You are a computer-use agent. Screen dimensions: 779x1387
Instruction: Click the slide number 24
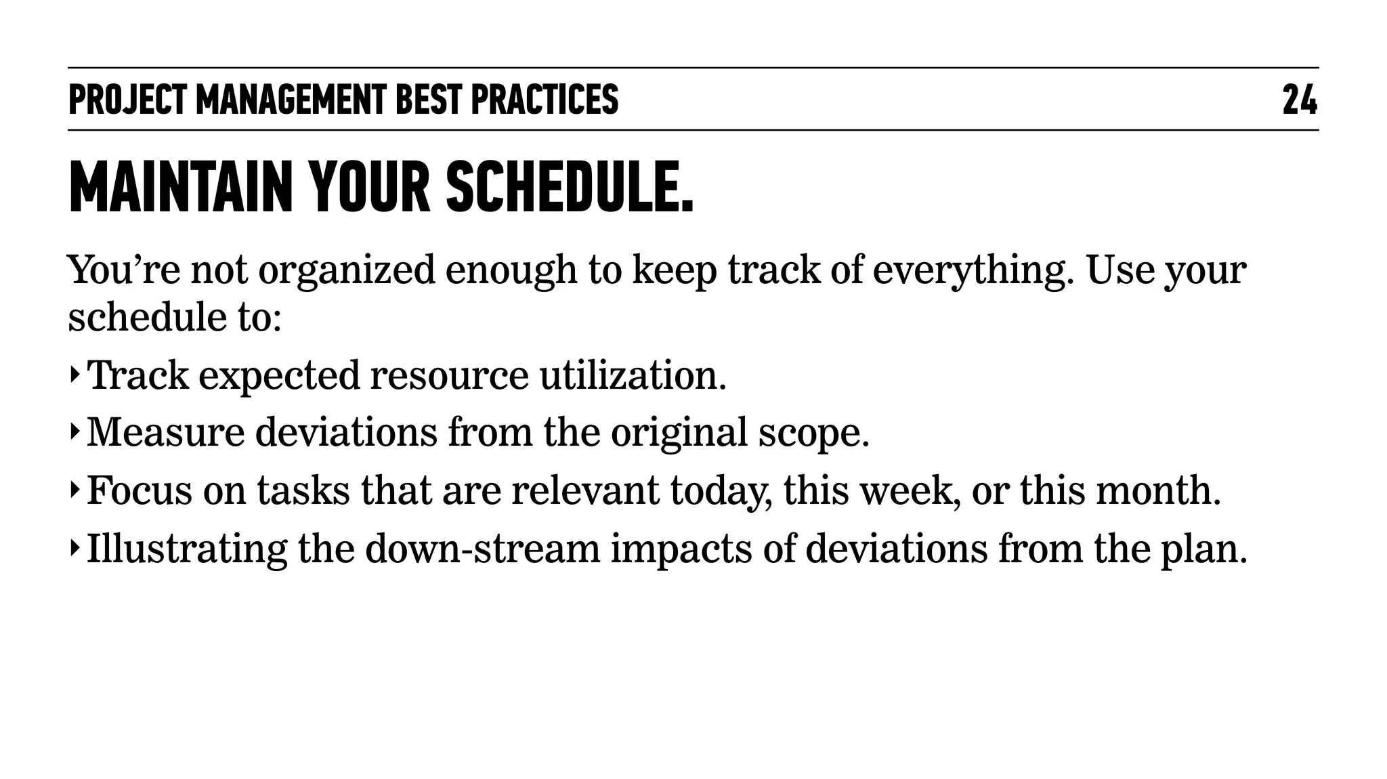pos(1300,100)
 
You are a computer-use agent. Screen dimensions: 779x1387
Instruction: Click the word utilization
pos(633,376)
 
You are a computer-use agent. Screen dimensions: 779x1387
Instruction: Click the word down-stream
pos(483,549)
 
